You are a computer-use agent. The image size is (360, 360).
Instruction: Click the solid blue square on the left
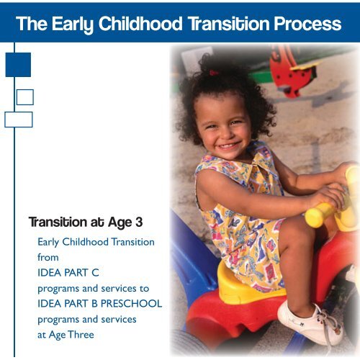(18, 64)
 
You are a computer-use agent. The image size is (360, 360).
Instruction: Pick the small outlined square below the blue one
(24, 96)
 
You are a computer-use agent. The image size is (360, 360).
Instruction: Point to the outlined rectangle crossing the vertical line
(18, 120)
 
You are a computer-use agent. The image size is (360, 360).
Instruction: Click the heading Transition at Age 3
(85, 222)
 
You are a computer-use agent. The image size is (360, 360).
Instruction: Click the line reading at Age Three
(66, 334)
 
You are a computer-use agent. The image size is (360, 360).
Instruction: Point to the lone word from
(48, 257)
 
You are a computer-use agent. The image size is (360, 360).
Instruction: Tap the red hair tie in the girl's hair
(214, 73)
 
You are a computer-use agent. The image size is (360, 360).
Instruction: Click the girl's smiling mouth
(230, 146)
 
